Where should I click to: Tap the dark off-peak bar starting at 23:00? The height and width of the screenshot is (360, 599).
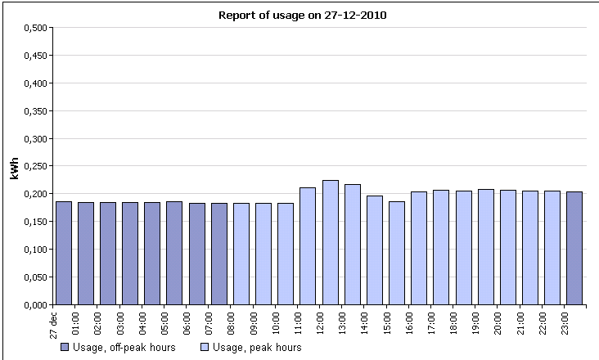coord(574,248)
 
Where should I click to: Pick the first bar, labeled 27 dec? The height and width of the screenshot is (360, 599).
coord(63,253)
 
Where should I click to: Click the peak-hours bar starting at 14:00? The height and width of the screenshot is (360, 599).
coord(374,250)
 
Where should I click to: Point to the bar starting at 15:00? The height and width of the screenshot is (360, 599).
coord(396,253)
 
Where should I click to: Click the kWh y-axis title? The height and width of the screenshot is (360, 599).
coord(14,166)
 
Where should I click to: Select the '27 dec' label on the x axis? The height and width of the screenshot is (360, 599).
coord(53,322)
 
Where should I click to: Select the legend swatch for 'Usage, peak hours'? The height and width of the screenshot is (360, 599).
coord(205,348)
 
